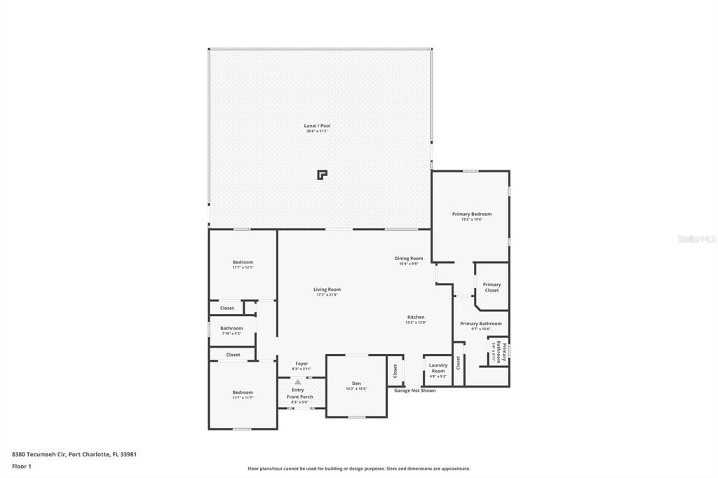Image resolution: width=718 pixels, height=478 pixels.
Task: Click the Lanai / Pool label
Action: [x=316, y=126]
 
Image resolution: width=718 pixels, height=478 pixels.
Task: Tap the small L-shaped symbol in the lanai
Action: [x=321, y=175]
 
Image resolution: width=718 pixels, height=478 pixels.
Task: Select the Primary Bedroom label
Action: [x=471, y=214]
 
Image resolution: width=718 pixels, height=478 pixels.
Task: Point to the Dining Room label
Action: [x=408, y=259]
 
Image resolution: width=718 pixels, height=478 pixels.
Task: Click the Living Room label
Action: [x=327, y=289]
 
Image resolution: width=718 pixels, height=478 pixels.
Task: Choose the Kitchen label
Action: [x=415, y=317]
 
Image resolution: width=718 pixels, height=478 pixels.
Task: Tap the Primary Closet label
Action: [x=492, y=287]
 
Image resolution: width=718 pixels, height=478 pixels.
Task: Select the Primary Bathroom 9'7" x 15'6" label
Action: [x=480, y=324]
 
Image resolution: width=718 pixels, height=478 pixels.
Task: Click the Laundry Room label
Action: [x=438, y=367]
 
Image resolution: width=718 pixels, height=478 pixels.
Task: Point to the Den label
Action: [x=356, y=383]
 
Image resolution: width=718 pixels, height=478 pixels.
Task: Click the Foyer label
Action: [x=302, y=364]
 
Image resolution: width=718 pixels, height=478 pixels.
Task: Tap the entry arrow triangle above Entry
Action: [x=298, y=381]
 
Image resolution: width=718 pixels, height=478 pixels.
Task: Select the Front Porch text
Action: [x=299, y=397]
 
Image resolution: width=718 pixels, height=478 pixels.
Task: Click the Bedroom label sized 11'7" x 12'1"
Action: [x=243, y=262]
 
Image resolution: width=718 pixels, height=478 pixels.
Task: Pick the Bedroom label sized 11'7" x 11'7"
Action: [x=243, y=392]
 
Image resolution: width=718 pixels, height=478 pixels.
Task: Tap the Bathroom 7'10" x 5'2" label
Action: [x=231, y=328]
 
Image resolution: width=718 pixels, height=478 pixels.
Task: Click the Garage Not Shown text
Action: [x=414, y=390]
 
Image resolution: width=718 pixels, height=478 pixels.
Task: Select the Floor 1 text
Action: [x=22, y=465]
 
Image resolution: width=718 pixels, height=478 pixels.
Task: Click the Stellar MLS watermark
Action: [x=696, y=239]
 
